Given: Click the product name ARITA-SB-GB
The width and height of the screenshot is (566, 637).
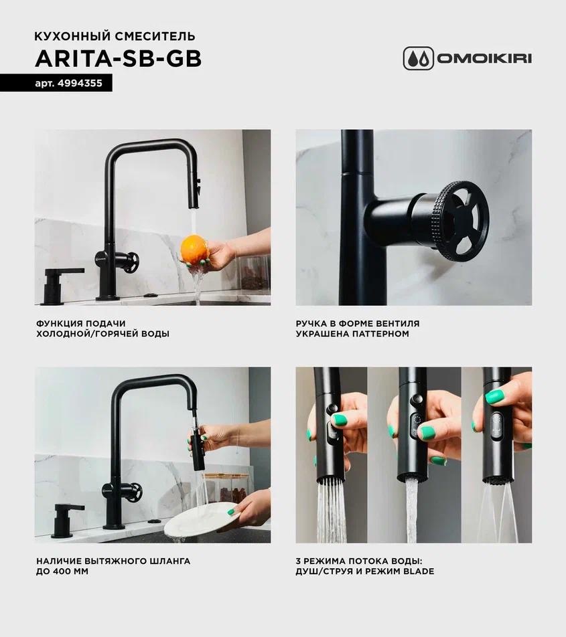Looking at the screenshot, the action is pos(119,59).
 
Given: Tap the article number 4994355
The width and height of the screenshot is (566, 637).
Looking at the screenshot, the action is pos(80,83).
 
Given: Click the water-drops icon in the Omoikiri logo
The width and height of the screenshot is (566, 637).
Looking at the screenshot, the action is pos(419,58).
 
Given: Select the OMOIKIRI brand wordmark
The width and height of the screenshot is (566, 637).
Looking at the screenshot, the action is pos(484,58).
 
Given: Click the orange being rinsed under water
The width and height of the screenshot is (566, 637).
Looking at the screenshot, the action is pos(194,249).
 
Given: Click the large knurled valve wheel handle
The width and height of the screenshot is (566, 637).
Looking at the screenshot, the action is pos(462,219).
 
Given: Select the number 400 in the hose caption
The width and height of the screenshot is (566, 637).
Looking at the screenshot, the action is pos(60,571).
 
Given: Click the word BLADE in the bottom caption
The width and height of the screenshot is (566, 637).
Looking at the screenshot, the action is pos(419,571).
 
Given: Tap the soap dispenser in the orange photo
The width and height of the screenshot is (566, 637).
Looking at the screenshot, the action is pos(61,285).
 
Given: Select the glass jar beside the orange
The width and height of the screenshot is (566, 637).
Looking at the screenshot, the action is pos(253,274).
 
